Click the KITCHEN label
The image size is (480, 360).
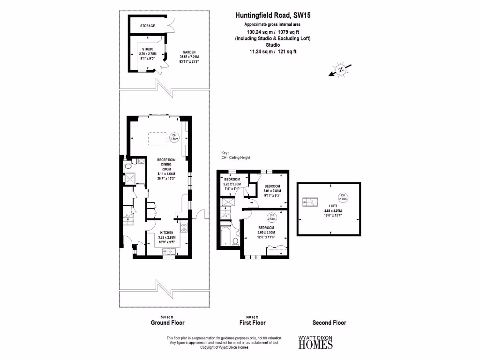[167, 232]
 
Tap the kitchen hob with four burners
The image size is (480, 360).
[184, 229]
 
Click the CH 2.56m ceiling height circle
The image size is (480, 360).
[174, 136]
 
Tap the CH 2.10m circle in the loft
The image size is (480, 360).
[343, 197]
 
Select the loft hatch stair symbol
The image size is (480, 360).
[310, 202]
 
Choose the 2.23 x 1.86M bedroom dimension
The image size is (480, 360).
[232, 185]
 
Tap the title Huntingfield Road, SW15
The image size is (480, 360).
[273, 15]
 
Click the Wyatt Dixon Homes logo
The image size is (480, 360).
[316, 343]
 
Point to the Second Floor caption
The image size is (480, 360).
[329, 322]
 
